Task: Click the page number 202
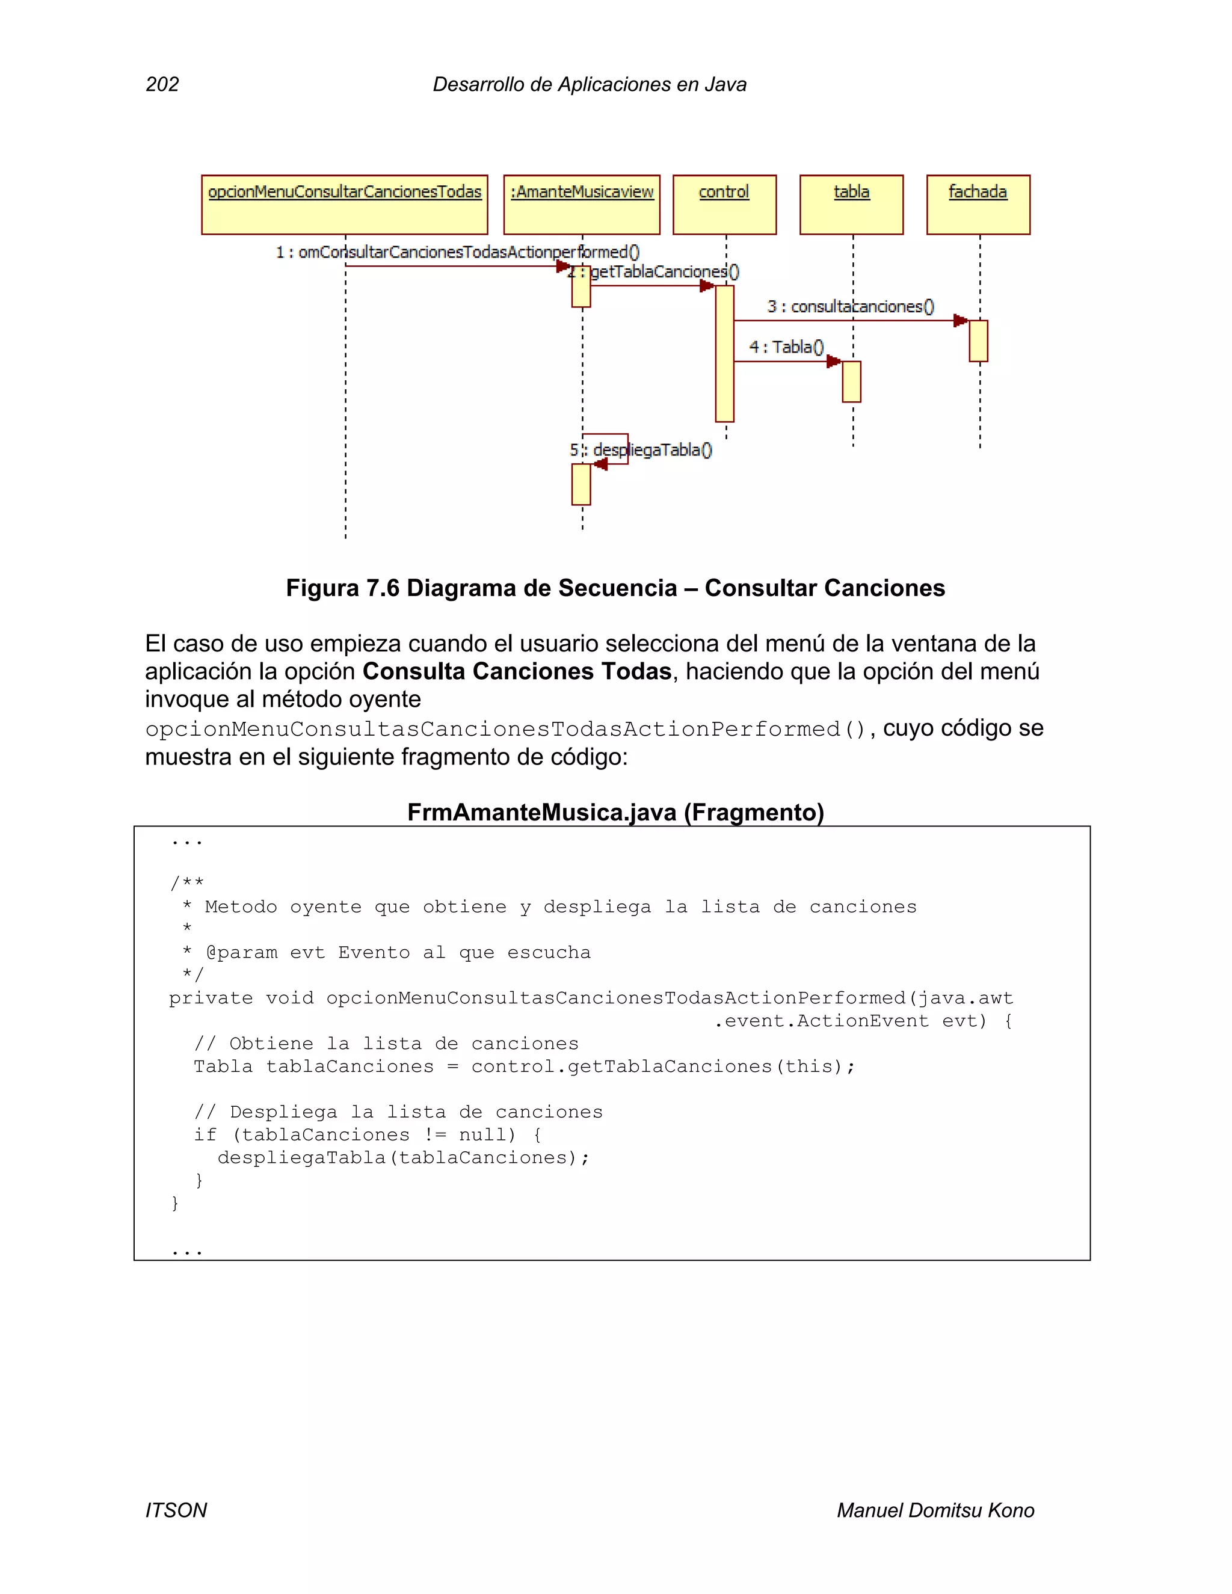pyautogui.click(x=162, y=85)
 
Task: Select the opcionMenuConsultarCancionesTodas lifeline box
pyautogui.click(x=345, y=205)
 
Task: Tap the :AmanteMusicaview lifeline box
pyautogui.click(x=582, y=205)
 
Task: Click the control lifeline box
pyautogui.click(x=724, y=205)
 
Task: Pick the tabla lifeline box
pyautogui.click(x=851, y=205)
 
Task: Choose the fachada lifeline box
pyautogui.click(x=978, y=205)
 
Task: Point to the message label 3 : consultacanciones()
pyautogui.click(x=850, y=307)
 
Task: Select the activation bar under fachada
pyautogui.click(x=978, y=341)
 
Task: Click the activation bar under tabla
pyautogui.click(x=851, y=382)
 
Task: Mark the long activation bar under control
pyautogui.click(x=724, y=354)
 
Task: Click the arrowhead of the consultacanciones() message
pyautogui.click(x=961, y=321)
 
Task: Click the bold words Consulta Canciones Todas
pyautogui.click(x=517, y=671)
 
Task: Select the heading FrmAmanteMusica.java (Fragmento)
pyautogui.click(x=615, y=812)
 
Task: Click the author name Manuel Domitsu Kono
pyautogui.click(x=935, y=1510)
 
